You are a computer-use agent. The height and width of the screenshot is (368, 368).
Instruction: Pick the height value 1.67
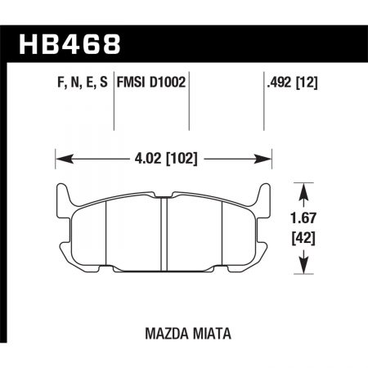(x=306, y=219)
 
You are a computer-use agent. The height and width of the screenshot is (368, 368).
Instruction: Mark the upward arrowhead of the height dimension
(x=306, y=192)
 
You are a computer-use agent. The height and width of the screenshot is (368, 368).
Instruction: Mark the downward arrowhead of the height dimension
(x=306, y=267)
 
